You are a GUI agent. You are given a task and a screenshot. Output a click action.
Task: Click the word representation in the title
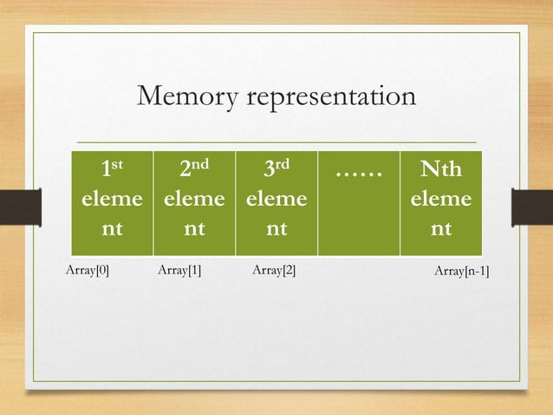[x=332, y=99]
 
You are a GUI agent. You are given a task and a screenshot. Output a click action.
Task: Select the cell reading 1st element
[x=112, y=201]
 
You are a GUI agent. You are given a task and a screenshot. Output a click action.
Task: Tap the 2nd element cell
[x=194, y=201]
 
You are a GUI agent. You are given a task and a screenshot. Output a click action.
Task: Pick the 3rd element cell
[x=276, y=201]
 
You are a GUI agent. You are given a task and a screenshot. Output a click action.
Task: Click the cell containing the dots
[x=358, y=201]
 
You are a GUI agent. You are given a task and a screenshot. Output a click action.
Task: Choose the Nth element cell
[x=441, y=201]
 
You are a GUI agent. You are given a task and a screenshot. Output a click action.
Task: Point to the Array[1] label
[x=179, y=271]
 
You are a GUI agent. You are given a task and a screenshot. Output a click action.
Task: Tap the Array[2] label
[x=273, y=271]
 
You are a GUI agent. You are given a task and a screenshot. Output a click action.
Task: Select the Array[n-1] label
[x=461, y=273]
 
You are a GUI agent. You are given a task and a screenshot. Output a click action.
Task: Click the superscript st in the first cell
[x=119, y=162]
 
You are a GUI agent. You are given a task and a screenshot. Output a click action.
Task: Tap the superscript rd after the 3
[x=283, y=162]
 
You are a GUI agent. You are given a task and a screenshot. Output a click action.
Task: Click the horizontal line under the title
[x=276, y=142]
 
